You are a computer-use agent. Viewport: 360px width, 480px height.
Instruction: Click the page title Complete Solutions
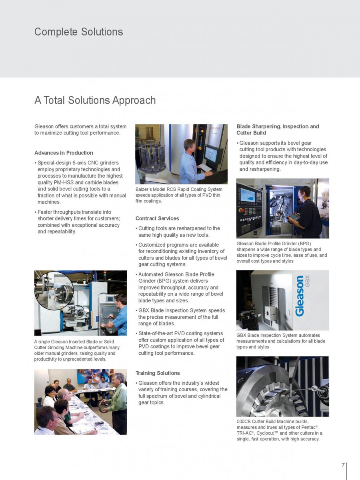79,32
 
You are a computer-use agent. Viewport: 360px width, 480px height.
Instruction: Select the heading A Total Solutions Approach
95,100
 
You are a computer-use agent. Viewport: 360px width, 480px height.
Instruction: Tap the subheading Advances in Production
64,153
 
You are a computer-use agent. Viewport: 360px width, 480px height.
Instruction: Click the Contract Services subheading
157,218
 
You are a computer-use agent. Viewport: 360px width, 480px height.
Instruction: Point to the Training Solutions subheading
158,373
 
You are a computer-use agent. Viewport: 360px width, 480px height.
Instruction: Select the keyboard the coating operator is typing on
205,168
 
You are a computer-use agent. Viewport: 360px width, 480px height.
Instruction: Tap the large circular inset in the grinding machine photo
54,290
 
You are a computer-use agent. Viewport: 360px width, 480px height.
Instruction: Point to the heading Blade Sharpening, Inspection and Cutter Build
278,130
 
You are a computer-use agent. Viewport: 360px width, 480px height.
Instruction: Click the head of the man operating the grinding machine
120,300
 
